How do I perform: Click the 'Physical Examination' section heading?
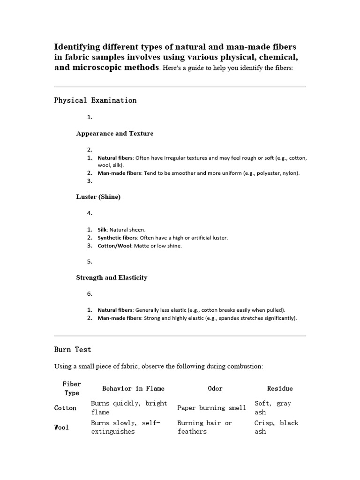[95, 100]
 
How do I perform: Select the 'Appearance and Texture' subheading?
[114, 134]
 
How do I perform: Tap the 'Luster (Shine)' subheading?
[98, 197]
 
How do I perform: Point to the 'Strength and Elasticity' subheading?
[112, 277]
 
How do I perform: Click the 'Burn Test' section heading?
[73, 350]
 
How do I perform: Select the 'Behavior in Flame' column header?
[133, 389]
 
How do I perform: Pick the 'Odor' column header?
[215, 389]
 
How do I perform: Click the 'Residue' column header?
[280, 389]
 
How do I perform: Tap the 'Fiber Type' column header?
[72, 389]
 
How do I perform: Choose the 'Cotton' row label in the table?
[65, 408]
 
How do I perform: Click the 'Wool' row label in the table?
[61, 427]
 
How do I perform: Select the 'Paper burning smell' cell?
[211, 408]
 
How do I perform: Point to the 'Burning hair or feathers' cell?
[204, 427]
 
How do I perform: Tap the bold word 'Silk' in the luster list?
[102, 230]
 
